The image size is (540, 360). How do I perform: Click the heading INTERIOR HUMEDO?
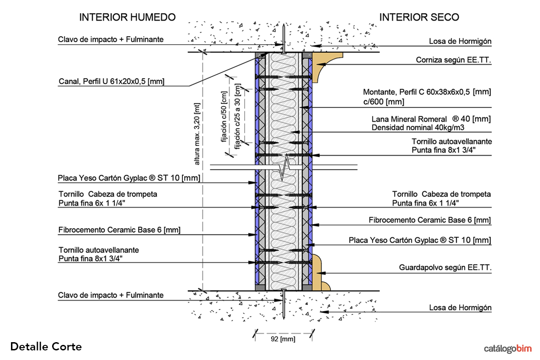(x=128, y=17)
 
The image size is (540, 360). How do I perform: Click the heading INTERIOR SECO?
(x=419, y=17)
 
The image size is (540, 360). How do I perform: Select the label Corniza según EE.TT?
(x=453, y=60)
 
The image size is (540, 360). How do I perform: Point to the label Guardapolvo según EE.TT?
(x=445, y=268)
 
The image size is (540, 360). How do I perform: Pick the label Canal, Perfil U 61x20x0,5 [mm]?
(x=112, y=82)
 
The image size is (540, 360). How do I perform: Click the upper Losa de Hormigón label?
(x=460, y=41)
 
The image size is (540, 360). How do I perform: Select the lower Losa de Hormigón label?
(x=460, y=308)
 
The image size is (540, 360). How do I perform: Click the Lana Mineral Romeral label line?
(x=431, y=119)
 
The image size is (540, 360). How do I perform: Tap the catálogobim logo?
(x=508, y=349)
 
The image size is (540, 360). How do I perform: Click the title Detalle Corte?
(x=46, y=347)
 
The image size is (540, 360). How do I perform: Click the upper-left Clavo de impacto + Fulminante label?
(x=111, y=40)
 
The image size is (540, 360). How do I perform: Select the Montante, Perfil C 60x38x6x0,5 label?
(x=427, y=92)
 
